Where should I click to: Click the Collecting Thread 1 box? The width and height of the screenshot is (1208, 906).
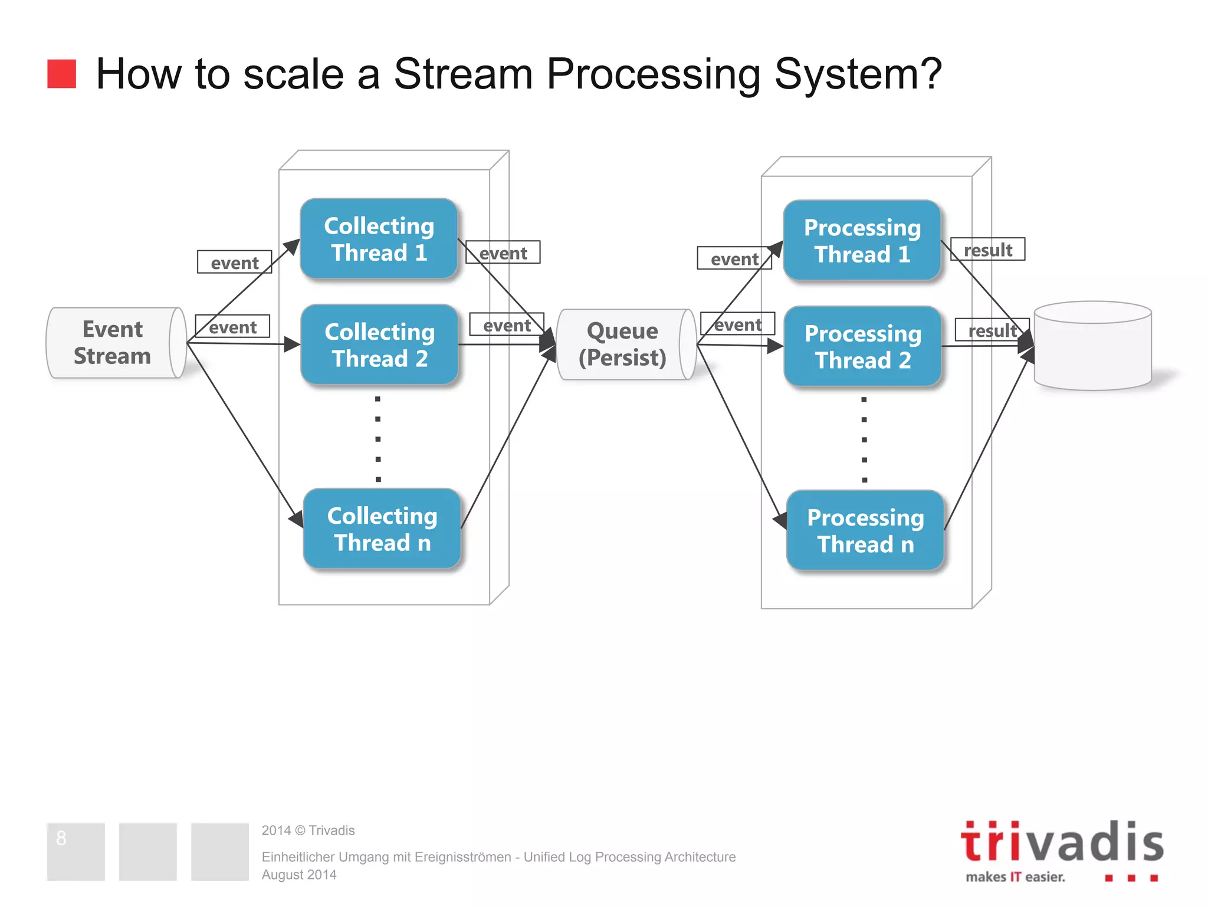tap(379, 239)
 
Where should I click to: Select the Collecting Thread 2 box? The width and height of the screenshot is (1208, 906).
tap(379, 345)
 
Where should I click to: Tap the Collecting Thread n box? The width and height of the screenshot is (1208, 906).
tap(382, 529)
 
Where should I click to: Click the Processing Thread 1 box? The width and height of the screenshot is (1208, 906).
tap(862, 241)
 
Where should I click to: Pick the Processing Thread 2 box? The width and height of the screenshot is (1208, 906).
tap(862, 347)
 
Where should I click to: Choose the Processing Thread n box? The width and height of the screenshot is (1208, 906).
tap(865, 531)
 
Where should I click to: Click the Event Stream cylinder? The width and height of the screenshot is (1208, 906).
tap(112, 343)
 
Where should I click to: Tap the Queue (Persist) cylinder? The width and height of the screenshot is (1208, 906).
tap(622, 344)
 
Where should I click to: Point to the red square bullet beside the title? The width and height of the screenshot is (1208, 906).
tap(61, 74)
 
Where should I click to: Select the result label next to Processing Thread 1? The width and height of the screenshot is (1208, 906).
tap(988, 250)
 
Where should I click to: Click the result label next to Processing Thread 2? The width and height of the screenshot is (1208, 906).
tap(992, 330)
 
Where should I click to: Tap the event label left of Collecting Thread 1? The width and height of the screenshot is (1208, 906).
tap(234, 262)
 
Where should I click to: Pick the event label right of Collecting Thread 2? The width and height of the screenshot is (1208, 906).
tap(506, 325)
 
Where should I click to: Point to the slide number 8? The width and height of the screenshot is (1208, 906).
tap(61, 838)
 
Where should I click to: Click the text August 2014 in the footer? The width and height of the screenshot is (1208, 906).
tap(299, 875)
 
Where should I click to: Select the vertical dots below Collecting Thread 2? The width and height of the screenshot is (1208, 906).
tap(378, 439)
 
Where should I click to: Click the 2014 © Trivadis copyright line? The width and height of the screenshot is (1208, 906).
tap(308, 830)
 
